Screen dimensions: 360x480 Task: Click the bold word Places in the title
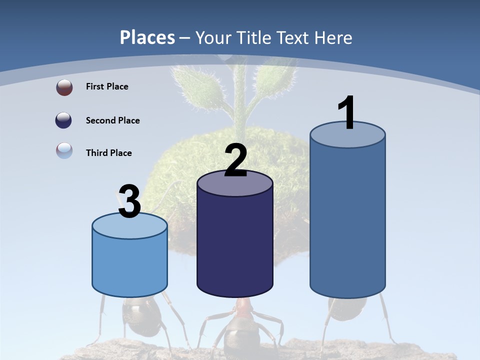[147, 37]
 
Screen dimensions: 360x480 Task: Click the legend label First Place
[107, 86]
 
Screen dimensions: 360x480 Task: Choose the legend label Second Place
[112, 120]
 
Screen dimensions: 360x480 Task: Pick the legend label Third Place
[108, 153]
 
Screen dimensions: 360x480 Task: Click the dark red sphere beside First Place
[64, 87]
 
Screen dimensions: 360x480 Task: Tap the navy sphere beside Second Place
[64, 120]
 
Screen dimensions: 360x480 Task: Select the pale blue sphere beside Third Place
[64, 150]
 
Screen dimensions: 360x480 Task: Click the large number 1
[346, 113]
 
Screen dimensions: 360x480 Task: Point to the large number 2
[235, 160]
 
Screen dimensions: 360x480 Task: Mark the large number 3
[129, 202]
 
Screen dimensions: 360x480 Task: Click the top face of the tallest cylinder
[347, 136]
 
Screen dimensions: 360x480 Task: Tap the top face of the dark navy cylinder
[235, 184]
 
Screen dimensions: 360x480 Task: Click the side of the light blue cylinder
[129, 265]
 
